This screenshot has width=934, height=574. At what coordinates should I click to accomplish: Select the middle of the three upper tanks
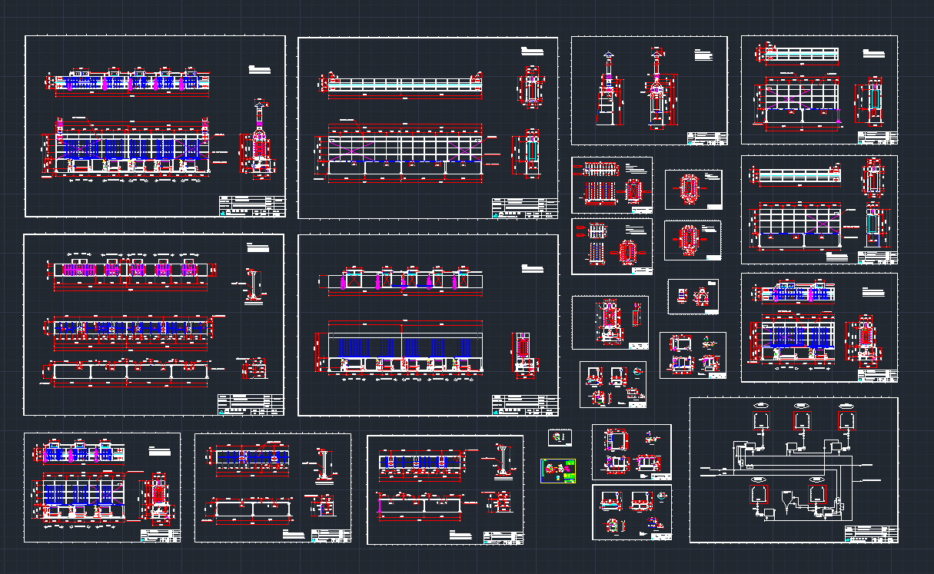[x=802, y=420]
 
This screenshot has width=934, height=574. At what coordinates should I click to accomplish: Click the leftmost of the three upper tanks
[x=761, y=420]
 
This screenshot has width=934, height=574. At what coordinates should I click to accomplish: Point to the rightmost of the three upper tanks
[x=846, y=420]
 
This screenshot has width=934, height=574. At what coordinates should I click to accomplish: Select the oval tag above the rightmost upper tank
[x=846, y=404]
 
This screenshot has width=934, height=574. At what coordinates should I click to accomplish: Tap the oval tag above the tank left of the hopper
[x=758, y=477]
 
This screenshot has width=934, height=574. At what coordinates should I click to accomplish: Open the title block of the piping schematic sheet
[x=871, y=534]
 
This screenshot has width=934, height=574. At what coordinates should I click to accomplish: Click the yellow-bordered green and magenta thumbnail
[x=558, y=470]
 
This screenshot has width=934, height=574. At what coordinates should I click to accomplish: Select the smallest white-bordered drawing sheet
[x=560, y=437]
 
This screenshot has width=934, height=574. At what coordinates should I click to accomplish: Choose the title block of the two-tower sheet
[x=706, y=138]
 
